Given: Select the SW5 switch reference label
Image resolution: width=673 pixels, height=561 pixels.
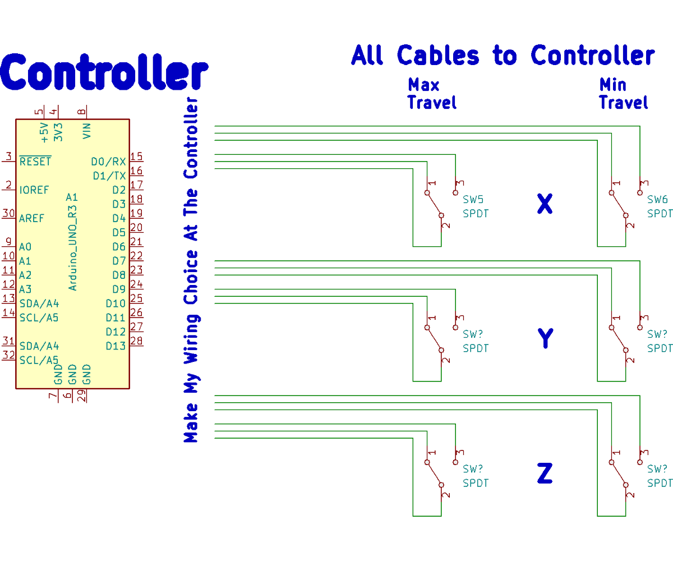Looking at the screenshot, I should tap(473, 199).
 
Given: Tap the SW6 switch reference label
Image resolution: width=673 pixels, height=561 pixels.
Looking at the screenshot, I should tap(657, 199).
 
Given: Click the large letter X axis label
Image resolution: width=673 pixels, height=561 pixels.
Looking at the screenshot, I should tap(545, 204).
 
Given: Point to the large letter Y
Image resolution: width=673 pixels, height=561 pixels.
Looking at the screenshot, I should tap(545, 339).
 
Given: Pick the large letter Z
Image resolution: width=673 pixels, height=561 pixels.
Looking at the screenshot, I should tap(545, 473).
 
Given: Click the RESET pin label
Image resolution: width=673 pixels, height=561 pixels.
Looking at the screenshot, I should tap(35, 162).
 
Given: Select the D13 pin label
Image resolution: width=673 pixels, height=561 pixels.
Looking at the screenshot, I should tap(116, 346).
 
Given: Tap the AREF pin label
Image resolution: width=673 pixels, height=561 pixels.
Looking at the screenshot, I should tap(31, 218).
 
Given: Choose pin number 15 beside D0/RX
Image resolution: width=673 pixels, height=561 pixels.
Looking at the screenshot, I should tap(136, 157).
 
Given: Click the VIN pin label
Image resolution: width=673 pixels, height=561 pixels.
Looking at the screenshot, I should tap(87, 131).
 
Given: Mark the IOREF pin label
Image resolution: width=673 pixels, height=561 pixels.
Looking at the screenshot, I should tap(34, 190).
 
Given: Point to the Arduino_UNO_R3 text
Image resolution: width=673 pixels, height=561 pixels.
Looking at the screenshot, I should tap(72, 247).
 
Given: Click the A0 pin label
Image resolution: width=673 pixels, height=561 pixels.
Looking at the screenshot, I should tap(25, 247).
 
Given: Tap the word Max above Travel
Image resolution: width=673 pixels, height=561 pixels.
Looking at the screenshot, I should tap(423, 85).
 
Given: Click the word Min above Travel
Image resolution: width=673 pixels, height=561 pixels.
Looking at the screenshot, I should tap(612, 85).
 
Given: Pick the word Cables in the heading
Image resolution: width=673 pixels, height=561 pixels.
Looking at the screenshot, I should tap(438, 56).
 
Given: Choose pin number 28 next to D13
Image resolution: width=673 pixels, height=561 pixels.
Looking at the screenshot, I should tap(136, 341).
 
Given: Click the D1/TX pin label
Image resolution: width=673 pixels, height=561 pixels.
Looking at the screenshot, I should tap(109, 176).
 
